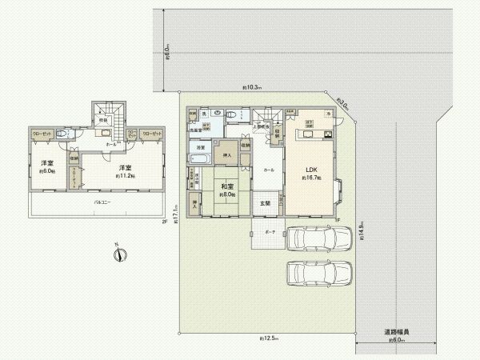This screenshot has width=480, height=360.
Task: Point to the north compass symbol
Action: (x=118, y=254)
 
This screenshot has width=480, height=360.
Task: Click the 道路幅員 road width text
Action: (x=397, y=331)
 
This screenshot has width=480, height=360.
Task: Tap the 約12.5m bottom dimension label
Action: (x=268, y=339)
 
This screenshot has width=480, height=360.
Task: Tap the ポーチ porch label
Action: (x=268, y=233)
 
